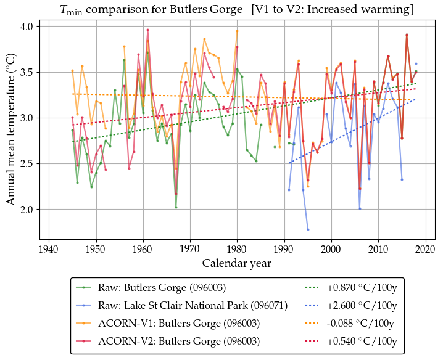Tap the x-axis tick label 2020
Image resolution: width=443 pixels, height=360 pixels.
point(426,249)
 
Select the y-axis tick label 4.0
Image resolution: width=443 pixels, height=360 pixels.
point(28,27)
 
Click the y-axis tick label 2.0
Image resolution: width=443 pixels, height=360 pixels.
point(28,210)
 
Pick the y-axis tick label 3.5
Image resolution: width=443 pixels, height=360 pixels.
point(28,73)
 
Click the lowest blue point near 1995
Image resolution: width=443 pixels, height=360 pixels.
point(308,229)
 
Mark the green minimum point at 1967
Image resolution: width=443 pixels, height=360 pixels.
point(176,207)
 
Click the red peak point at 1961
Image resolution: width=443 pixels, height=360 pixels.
point(147,30)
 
